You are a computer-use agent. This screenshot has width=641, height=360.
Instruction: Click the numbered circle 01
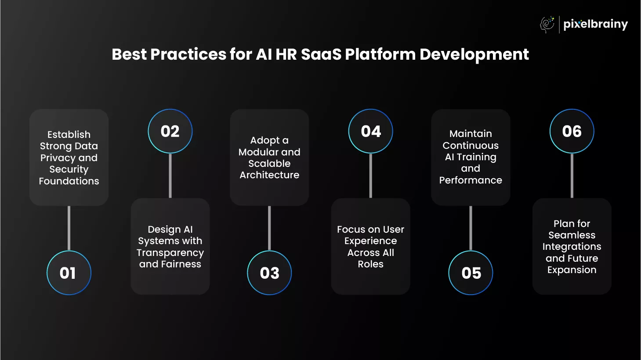click(69, 273)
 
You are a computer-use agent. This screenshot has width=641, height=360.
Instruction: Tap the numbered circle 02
click(170, 131)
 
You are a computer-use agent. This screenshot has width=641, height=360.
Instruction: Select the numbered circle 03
click(269, 273)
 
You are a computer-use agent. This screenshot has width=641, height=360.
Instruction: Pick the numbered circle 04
click(370, 131)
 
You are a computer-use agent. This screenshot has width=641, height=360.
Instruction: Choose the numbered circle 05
click(471, 273)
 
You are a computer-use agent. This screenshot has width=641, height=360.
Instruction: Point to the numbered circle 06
click(572, 131)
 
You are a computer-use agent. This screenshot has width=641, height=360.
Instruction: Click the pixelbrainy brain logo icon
click(547, 24)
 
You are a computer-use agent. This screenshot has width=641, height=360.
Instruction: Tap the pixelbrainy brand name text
click(595, 25)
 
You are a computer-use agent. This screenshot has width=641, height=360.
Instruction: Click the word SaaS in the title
click(321, 54)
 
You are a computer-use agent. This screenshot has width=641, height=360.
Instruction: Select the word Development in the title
click(474, 55)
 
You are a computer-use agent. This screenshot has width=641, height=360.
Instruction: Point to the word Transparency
click(170, 253)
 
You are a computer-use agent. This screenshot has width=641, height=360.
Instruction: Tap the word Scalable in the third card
click(269, 164)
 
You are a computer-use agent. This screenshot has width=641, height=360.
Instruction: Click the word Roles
click(370, 264)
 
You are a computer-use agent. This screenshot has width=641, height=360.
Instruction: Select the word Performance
click(471, 180)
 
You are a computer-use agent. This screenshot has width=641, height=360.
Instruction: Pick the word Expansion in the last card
click(572, 270)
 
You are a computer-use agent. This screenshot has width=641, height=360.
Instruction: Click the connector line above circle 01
click(69, 228)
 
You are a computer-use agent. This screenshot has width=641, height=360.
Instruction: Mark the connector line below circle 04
click(370, 176)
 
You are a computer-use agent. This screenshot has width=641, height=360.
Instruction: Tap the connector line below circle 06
click(572, 176)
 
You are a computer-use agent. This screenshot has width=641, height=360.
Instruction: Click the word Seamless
click(572, 235)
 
